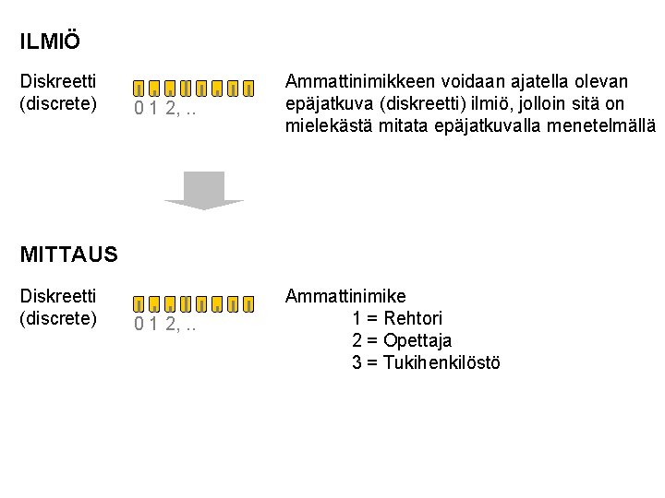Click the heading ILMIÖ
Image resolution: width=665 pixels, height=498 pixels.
pyautogui.click(x=50, y=41)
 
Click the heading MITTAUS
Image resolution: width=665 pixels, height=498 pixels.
pyautogui.click(x=68, y=255)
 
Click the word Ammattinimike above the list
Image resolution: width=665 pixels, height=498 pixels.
pyautogui.click(x=345, y=296)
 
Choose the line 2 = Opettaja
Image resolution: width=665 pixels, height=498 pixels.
pyautogui.click(x=402, y=340)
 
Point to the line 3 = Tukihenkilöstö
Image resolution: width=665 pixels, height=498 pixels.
pyautogui.click(x=426, y=362)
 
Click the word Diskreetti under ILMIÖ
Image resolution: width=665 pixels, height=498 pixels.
pyautogui.click(x=58, y=82)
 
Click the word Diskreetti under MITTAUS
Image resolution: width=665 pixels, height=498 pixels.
pyautogui.click(x=58, y=296)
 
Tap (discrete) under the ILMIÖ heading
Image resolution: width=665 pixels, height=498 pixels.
pyautogui.click(x=58, y=103)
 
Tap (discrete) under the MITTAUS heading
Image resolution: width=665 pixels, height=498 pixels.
pyautogui.click(x=58, y=317)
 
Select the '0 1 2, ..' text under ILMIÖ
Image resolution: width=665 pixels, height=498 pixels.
pyautogui.click(x=166, y=110)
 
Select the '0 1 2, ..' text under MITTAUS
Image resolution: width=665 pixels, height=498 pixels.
pyautogui.click(x=166, y=324)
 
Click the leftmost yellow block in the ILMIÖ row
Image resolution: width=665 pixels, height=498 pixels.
pyautogui.click(x=138, y=89)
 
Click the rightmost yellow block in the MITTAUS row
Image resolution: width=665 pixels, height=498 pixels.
pyautogui.click(x=249, y=302)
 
